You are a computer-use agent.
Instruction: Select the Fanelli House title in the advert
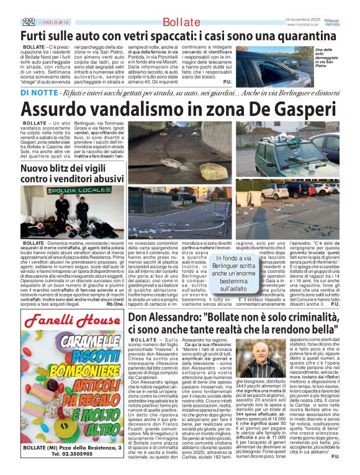click(71, 323)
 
